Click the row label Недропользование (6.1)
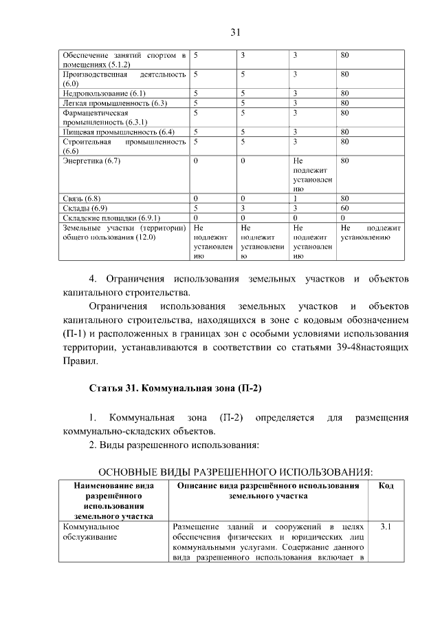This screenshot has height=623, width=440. point(104,93)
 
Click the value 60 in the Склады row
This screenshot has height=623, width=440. point(345,208)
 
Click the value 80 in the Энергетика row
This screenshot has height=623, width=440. point(345,161)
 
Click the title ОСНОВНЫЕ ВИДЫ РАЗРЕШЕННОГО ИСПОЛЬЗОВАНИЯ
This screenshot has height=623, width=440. point(236,472)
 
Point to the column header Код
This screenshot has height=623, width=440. point(386,486)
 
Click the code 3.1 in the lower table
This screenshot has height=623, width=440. point(386,527)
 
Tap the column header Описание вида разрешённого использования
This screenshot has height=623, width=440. point(268,491)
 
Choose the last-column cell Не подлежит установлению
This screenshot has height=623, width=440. point(371,232)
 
